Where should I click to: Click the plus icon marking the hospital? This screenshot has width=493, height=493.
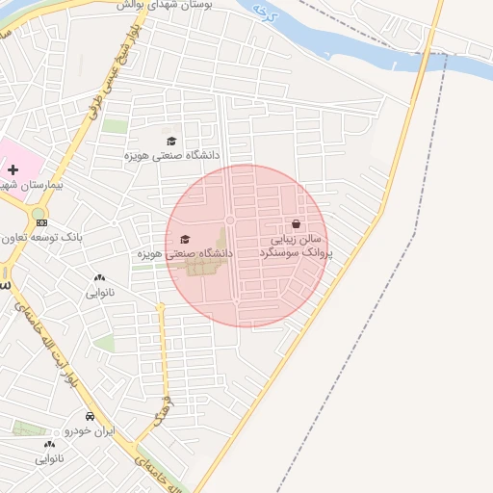(13, 169)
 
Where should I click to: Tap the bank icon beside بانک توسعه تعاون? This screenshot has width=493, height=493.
(40, 222)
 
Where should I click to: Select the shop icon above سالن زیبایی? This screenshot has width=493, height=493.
(296, 223)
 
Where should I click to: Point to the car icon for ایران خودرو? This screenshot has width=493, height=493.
(90, 417)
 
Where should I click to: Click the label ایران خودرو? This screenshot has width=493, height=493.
(90, 431)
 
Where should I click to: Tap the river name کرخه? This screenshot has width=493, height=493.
(263, 13)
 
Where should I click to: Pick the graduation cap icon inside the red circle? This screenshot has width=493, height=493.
(186, 240)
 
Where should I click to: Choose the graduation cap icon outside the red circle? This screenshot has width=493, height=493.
(171, 141)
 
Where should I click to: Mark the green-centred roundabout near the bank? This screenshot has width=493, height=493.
(39, 214)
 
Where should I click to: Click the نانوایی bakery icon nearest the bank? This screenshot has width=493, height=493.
(100, 278)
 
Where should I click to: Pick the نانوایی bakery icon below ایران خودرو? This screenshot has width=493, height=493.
(49, 445)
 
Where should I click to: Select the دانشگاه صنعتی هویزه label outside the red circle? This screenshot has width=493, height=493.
(171, 154)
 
